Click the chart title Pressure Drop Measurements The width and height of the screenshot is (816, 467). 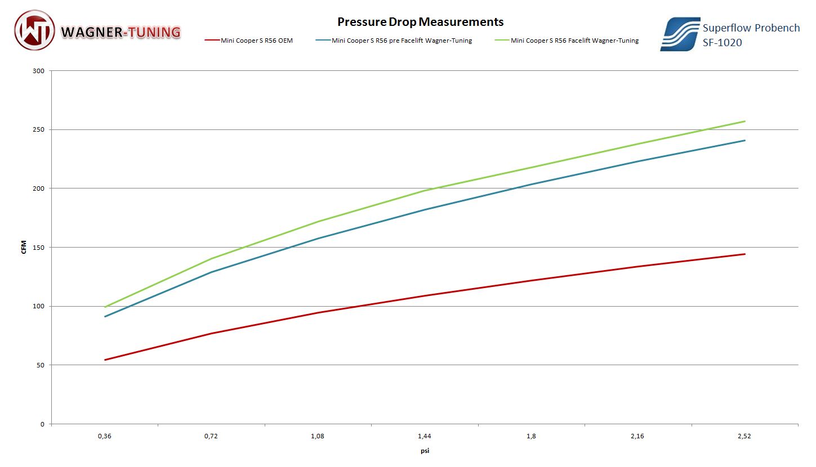pos(420,22)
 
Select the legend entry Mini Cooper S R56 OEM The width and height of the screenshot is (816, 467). pos(256,41)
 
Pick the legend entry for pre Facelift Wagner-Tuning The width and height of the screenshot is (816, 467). pos(402,41)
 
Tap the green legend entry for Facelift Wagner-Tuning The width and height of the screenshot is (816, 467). pos(574,41)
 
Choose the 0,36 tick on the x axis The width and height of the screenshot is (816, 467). pos(105,436)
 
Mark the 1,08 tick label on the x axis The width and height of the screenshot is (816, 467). pos(318,436)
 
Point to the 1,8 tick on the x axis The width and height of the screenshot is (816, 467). pos(531,436)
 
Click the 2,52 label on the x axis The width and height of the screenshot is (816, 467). pos(744,436)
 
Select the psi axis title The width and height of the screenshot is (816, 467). pos(425,451)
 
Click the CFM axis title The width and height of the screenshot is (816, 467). pos(24,248)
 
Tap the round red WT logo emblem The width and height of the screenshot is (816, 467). pos(35,30)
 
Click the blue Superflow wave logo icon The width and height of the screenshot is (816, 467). pos(680,34)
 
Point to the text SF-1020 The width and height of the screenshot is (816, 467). pos(722,42)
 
